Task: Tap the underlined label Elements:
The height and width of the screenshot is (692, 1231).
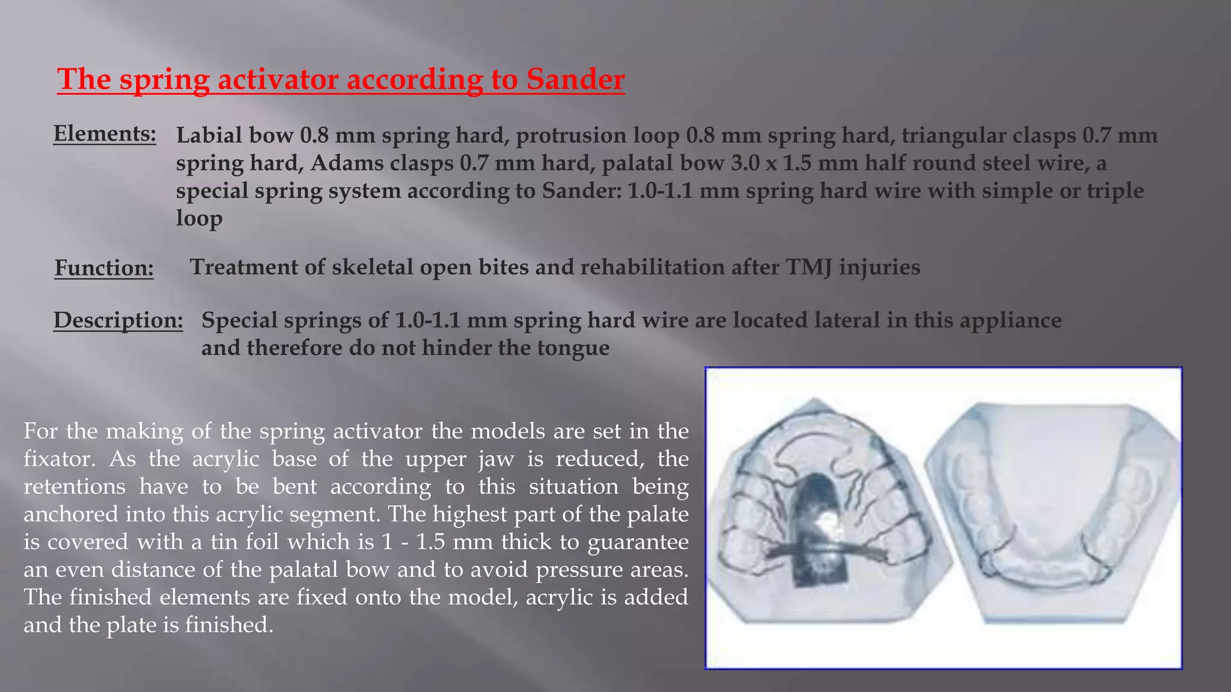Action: (105, 133)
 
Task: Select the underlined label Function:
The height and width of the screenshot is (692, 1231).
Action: (104, 268)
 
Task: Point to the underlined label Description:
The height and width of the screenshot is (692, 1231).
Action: (118, 320)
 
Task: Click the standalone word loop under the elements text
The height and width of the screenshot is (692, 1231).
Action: (199, 217)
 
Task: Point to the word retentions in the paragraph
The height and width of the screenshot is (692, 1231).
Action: (74, 486)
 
